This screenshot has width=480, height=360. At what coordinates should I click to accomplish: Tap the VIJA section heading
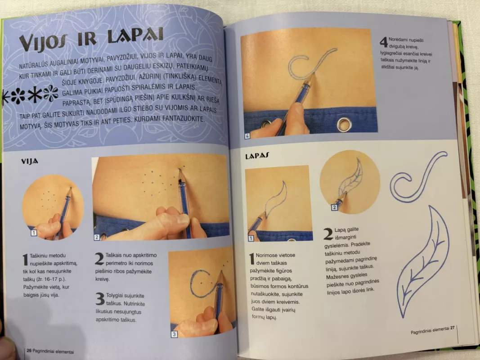(30, 162)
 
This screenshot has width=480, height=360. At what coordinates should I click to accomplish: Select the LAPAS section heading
(257, 156)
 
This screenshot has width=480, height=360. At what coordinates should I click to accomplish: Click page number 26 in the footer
(29, 351)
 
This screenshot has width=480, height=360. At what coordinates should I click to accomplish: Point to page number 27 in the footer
(452, 328)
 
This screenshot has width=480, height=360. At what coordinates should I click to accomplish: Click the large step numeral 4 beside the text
(384, 42)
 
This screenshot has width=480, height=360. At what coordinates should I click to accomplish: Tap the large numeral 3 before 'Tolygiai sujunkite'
(100, 299)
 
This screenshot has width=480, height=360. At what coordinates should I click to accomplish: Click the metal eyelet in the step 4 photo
(345, 124)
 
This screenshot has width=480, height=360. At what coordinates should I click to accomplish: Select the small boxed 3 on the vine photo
(174, 334)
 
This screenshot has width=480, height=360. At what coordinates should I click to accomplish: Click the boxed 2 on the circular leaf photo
(334, 207)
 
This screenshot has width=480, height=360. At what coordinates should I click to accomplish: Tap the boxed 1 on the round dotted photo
(34, 233)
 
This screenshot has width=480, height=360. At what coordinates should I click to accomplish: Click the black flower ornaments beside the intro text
(30, 94)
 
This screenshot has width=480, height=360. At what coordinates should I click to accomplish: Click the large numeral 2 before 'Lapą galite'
(328, 234)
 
